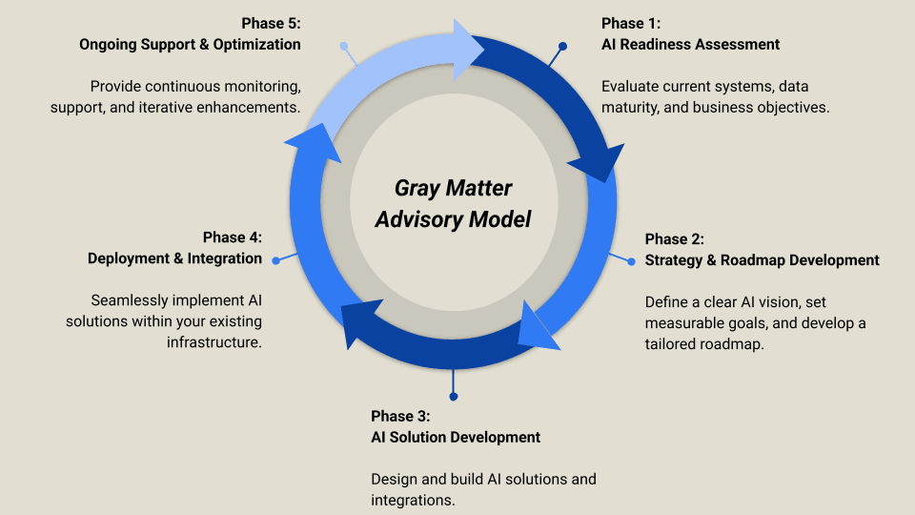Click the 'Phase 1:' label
click(630, 24)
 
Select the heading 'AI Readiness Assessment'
click(690, 44)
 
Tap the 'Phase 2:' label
click(674, 239)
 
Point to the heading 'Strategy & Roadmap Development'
click(762, 259)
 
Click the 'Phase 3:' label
click(400, 416)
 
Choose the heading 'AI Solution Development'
click(455, 437)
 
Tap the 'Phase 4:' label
click(233, 237)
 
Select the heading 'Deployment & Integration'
click(174, 257)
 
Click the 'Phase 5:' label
click(271, 24)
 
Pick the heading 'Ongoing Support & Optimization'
click(190, 44)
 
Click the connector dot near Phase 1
click(563, 46)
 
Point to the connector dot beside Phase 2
click(630, 260)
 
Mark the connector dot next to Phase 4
click(275, 259)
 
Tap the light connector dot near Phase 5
click(343, 46)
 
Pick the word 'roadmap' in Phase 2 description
click(734, 344)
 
